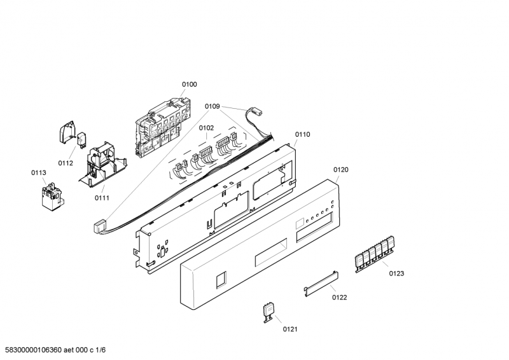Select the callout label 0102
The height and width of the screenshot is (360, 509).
click(206, 128)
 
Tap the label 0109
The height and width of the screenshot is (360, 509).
click(213, 107)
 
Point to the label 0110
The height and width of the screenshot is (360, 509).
click(302, 134)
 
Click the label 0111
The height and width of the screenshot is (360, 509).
click(102, 198)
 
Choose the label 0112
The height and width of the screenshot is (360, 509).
click(66, 163)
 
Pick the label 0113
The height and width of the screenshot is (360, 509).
click(39, 172)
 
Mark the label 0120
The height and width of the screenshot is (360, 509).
click(341, 170)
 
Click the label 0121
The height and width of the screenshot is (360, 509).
click(290, 329)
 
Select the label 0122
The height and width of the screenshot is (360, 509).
click(339, 298)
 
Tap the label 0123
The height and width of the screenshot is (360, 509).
click(396, 273)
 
